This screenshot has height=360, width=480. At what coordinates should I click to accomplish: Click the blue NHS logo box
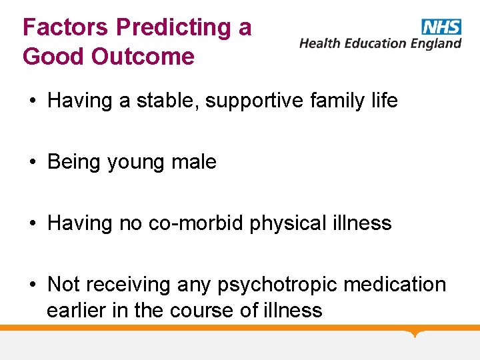click(x=441, y=27)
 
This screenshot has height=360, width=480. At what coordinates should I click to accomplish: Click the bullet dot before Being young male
click(x=32, y=163)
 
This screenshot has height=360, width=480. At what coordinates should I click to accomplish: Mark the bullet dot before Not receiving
click(x=32, y=285)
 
